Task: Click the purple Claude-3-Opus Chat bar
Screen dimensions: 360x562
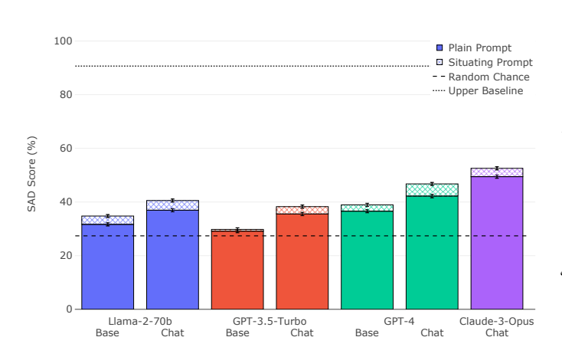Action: (497, 243)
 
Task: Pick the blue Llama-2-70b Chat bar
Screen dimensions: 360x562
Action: (172, 260)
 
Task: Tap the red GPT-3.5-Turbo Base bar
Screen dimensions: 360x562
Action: (237, 270)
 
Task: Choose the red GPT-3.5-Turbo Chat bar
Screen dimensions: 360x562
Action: (302, 261)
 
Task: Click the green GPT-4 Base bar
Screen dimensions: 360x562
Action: (368, 260)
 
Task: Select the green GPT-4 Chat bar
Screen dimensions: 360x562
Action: (432, 253)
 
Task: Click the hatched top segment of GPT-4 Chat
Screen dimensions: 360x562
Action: (432, 190)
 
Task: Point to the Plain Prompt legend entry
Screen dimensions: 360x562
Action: (479, 48)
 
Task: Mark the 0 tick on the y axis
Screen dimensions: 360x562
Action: (69, 309)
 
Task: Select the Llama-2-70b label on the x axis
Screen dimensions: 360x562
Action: (139, 322)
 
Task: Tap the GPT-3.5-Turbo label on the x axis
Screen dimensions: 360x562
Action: (270, 322)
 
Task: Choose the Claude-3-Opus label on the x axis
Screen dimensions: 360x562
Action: (496, 322)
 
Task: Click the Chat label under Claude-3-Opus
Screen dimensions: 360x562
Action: (497, 333)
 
